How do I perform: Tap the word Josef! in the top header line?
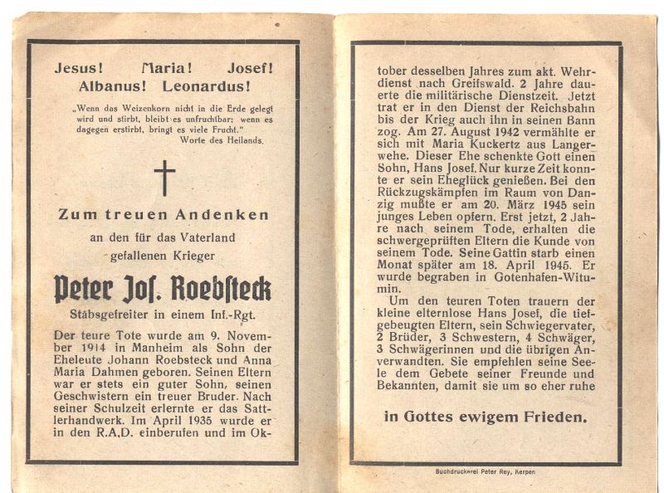point(248,68)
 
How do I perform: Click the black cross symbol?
point(164,178)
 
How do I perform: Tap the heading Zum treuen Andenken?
point(164,214)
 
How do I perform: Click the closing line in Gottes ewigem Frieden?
point(485,417)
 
